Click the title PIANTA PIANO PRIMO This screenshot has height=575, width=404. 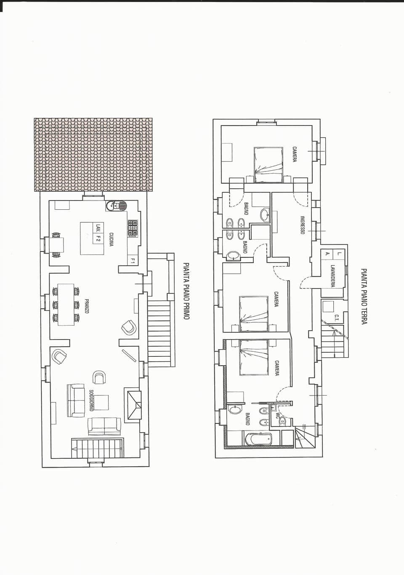186,291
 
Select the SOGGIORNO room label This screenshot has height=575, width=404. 91,401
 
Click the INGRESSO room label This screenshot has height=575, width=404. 302,225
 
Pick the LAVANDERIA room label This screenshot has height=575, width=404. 332,275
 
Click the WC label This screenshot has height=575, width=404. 277,415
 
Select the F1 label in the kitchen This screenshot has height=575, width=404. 132,261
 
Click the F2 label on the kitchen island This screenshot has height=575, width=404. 98,238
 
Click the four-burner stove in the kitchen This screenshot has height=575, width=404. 133,228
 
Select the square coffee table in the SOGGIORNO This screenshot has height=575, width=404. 101,402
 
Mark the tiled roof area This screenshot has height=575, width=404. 93,154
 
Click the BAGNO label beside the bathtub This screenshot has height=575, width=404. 247,419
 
